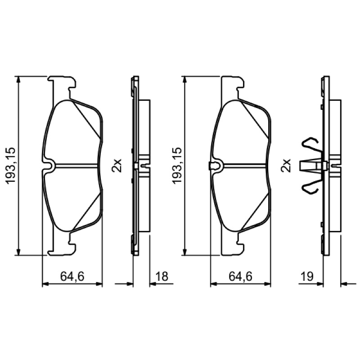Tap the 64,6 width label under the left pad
click(x=72, y=276)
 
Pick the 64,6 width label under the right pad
click(x=240, y=276)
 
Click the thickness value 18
click(x=162, y=276)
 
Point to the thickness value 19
click(x=307, y=276)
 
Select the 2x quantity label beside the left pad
click(x=117, y=165)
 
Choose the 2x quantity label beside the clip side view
click(x=286, y=165)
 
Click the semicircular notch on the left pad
click(x=50, y=164)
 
